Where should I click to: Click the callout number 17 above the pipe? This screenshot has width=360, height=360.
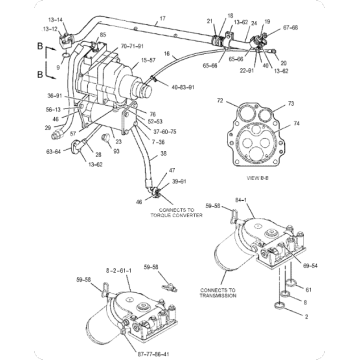[162, 19]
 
